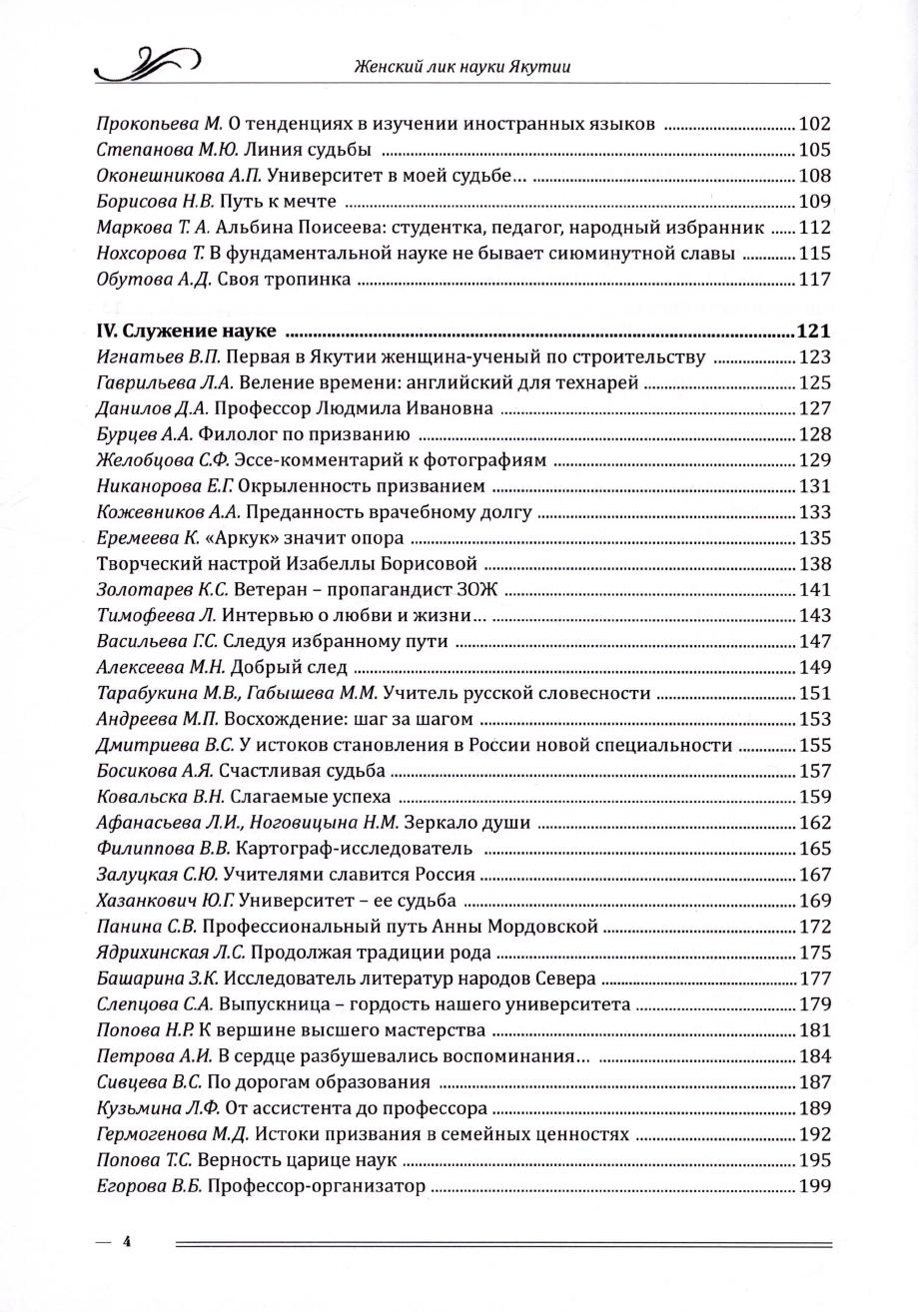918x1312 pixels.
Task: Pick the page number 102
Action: pyautogui.click(x=815, y=124)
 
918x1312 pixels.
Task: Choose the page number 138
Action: pyautogui.click(x=815, y=564)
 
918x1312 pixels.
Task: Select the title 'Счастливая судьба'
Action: pyautogui.click(x=288, y=772)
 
